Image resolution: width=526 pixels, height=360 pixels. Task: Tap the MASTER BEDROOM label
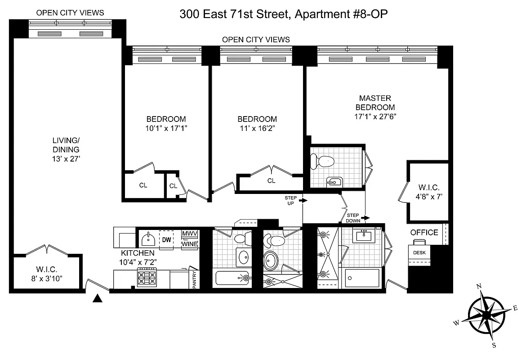pyautogui.click(x=375, y=103)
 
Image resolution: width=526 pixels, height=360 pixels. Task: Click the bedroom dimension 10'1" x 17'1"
pyautogui.click(x=166, y=128)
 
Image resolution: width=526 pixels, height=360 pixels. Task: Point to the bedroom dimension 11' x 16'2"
pyautogui.click(x=257, y=128)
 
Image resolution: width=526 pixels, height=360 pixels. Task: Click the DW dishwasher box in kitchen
pyautogui.click(x=166, y=240)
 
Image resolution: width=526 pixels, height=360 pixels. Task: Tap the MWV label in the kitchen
pyautogui.click(x=189, y=234)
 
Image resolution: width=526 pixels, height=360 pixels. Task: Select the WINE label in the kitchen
pyautogui.click(x=189, y=243)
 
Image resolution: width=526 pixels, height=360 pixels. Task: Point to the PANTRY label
pyautogui.click(x=195, y=279)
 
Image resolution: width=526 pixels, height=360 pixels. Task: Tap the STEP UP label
pyautogui.click(x=290, y=200)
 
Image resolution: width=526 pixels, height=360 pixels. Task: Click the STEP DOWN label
pyautogui.click(x=352, y=218)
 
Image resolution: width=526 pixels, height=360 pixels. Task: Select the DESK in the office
pyautogui.click(x=419, y=252)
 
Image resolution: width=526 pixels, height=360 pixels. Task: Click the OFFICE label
pyautogui.click(x=424, y=233)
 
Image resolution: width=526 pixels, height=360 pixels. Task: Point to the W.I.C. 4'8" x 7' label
pyautogui.click(x=428, y=191)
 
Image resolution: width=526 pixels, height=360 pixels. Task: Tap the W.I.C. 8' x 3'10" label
pyautogui.click(x=46, y=274)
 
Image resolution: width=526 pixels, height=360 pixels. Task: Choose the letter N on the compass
pyautogui.click(x=479, y=286)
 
